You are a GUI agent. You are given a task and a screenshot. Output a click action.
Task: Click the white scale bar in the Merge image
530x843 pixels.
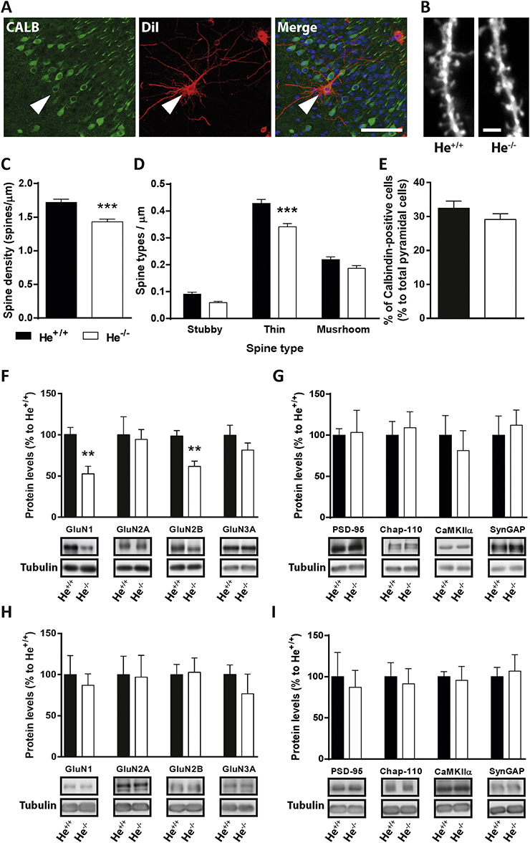click(x=381, y=130)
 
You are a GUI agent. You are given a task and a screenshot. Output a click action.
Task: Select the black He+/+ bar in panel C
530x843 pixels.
click(x=61, y=260)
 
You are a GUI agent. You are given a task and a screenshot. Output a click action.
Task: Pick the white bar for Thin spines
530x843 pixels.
click(x=286, y=272)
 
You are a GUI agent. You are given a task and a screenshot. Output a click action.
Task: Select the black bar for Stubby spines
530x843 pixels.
click(x=192, y=306)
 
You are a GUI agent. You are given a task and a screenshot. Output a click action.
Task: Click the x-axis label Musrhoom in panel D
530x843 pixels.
click(x=343, y=330)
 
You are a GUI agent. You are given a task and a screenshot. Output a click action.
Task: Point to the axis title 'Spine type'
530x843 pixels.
click(x=274, y=348)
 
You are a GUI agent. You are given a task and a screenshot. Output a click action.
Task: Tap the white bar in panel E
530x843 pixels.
click(x=500, y=269)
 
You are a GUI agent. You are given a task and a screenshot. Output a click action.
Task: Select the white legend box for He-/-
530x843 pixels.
click(x=90, y=336)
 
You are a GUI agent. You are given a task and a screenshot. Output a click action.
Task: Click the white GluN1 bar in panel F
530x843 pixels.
click(x=87, y=495)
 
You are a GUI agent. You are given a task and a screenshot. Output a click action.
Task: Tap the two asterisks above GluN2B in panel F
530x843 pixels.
click(x=194, y=449)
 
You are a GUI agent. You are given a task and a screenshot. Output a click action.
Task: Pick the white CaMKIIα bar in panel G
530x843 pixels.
click(x=463, y=484)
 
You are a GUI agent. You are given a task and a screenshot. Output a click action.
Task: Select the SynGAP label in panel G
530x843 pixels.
click(x=507, y=530)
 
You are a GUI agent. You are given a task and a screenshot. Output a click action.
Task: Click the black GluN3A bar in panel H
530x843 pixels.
click(x=230, y=715)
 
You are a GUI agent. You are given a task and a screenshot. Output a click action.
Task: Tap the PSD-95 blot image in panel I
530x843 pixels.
click(x=347, y=787)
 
